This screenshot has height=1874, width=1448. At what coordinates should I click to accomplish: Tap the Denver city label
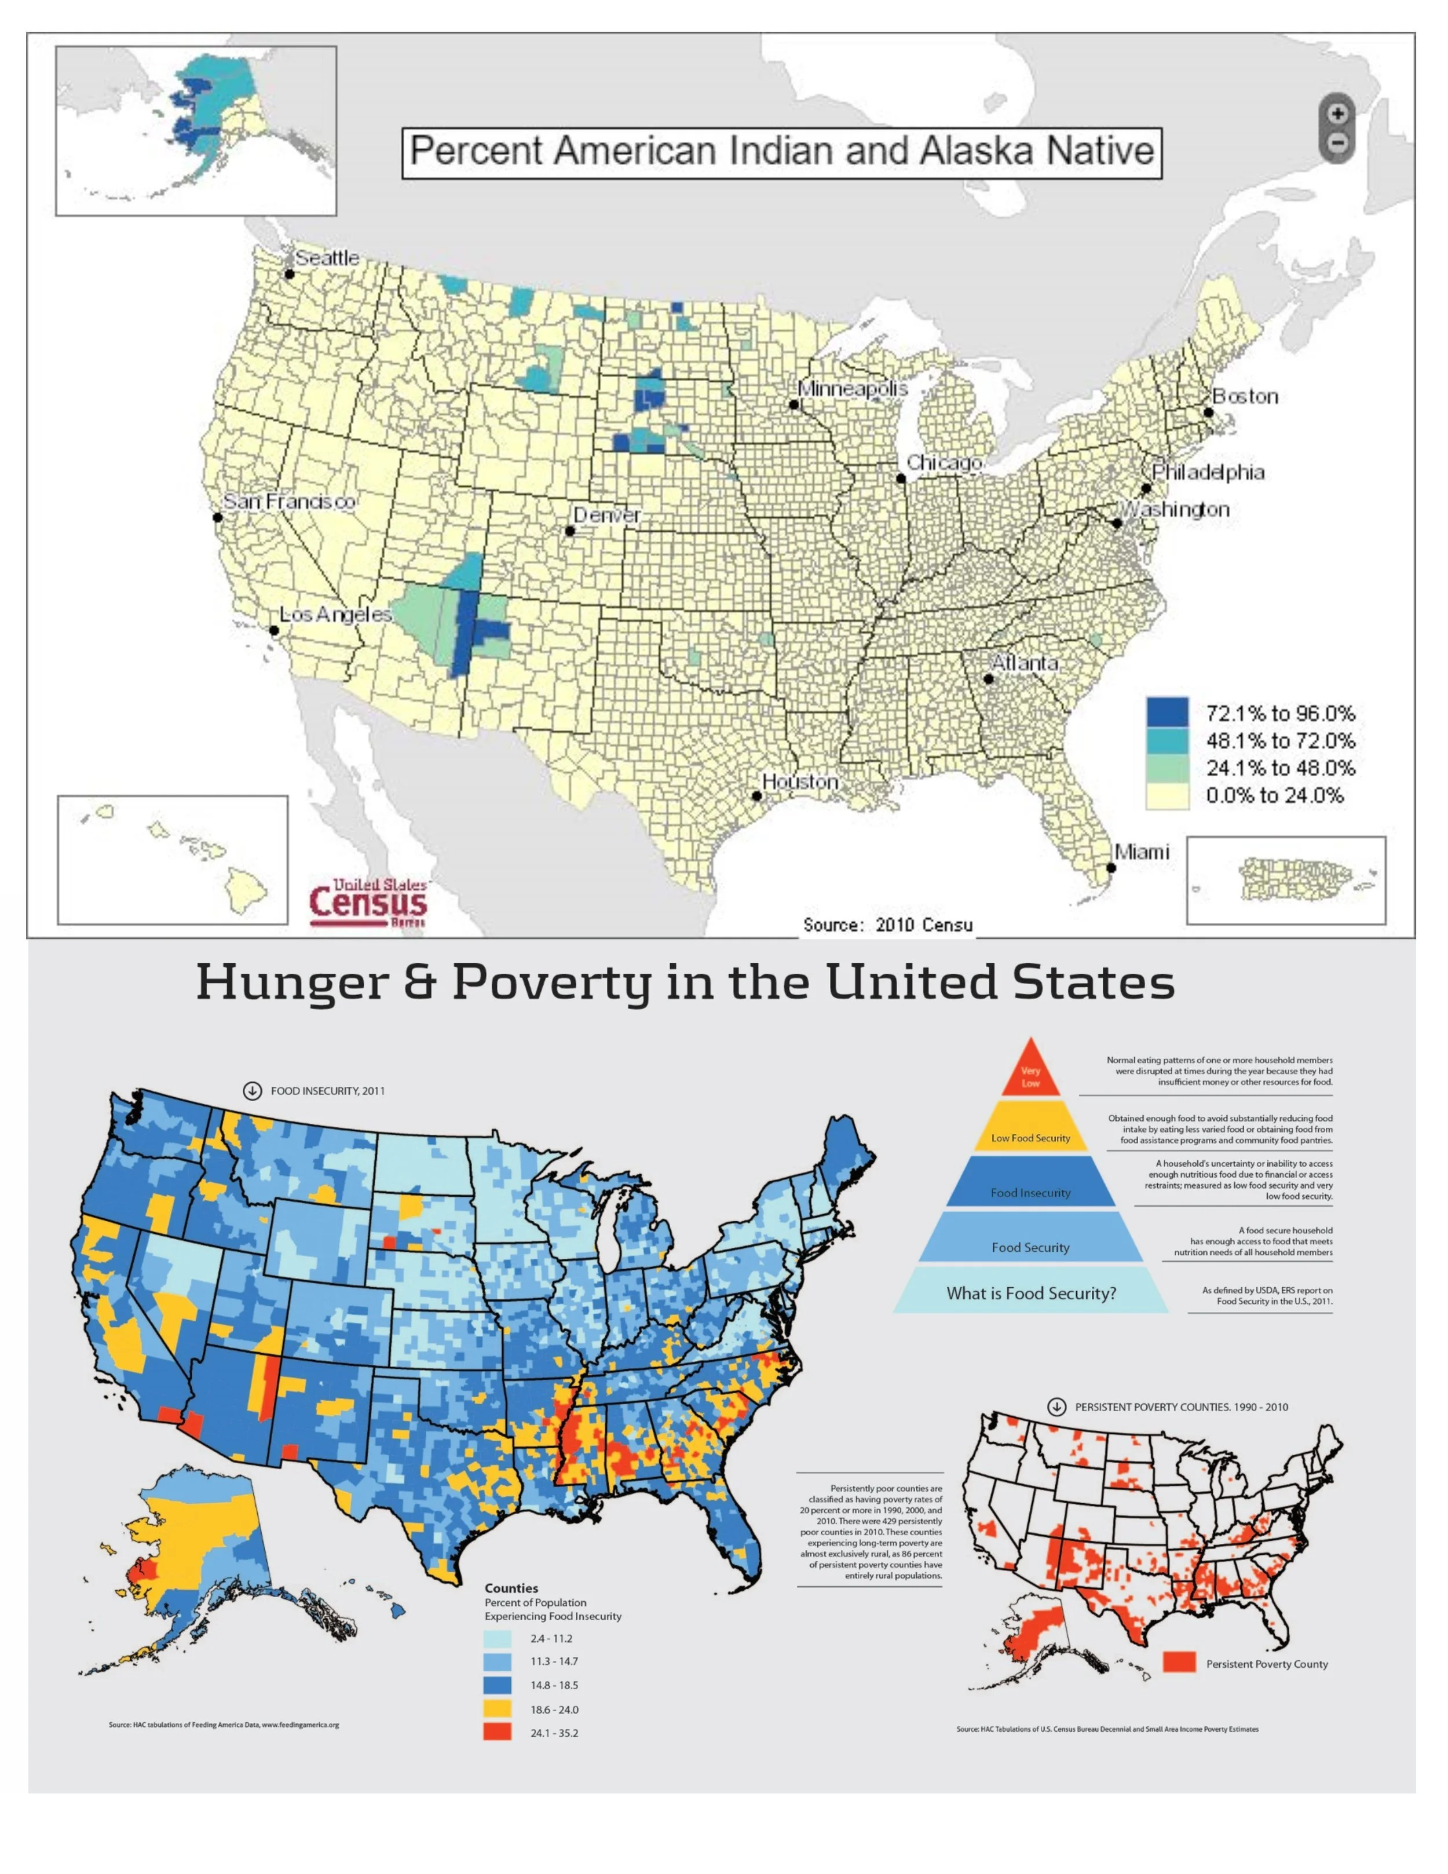(606, 515)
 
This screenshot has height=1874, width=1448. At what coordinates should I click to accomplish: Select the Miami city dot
(1111, 868)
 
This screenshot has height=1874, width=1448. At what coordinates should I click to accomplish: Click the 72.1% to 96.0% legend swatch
(1168, 712)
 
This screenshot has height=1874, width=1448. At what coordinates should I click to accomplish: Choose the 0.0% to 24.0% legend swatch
(1168, 795)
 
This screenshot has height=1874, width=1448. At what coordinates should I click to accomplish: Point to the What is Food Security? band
(1030, 1292)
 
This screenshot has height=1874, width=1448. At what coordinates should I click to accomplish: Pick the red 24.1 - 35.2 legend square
(498, 1733)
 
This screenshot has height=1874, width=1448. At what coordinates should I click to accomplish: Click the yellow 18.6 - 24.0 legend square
(498, 1708)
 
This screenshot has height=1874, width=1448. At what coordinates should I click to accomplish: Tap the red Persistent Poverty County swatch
(1179, 1662)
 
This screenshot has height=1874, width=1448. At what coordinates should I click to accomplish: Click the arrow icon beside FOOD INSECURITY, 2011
(251, 1091)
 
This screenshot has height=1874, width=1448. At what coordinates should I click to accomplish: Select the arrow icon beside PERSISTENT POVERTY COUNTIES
(1057, 1407)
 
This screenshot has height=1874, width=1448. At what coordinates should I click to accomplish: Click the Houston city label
(799, 781)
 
